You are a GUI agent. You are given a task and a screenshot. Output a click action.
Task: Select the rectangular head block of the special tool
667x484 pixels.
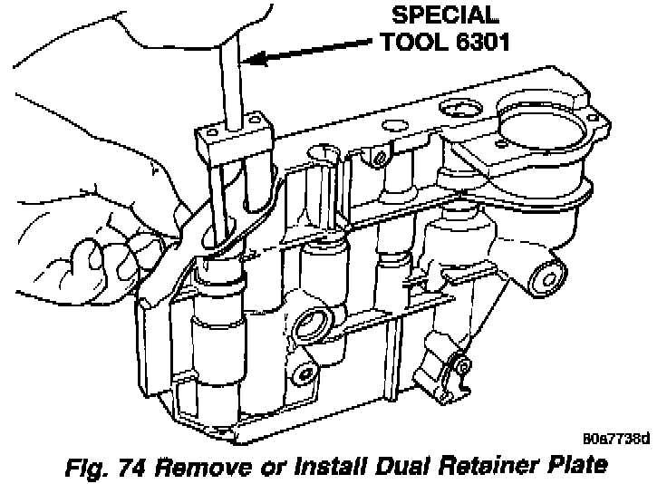point(232,136)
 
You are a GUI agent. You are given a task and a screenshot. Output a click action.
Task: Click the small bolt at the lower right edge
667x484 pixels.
point(459,368)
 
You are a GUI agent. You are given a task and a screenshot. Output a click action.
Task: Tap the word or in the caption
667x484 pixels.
point(280,466)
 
